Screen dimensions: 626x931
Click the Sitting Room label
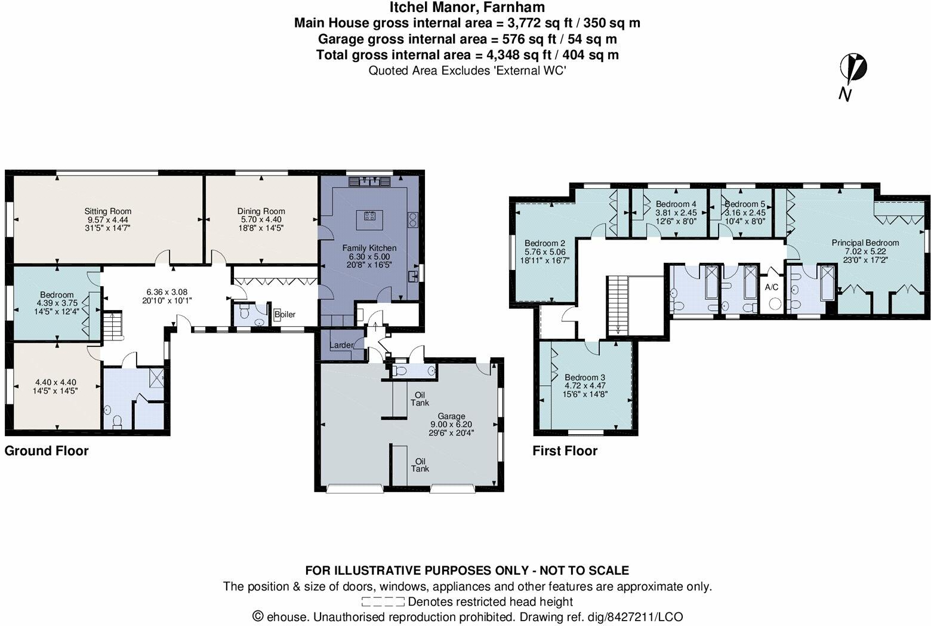[x=107, y=211]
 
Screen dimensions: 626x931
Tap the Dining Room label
[x=261, y=211]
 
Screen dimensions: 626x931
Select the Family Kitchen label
[x=369, y=248]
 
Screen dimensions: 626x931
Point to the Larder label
[x=341, y=345]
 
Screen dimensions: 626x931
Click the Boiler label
[x=285, y=314]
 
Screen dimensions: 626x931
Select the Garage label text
[x=451, y=416]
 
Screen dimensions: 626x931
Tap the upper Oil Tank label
[x=420, y=398]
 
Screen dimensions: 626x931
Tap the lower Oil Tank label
[x=420, y=465]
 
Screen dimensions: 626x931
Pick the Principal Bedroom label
[x=865, y=243]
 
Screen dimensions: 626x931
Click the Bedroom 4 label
[x=676, y=204]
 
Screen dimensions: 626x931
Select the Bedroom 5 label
[x=744, y=204]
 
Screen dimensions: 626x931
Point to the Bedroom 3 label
[x=585, y=378]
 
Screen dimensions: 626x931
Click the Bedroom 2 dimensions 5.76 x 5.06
[x=545, y=252]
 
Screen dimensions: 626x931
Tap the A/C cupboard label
[x=771, y=287]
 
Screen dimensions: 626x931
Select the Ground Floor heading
[x=47, y=451]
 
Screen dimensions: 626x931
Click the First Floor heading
[x=565, y=451]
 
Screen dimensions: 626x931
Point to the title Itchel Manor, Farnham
[x=467, y=8]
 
